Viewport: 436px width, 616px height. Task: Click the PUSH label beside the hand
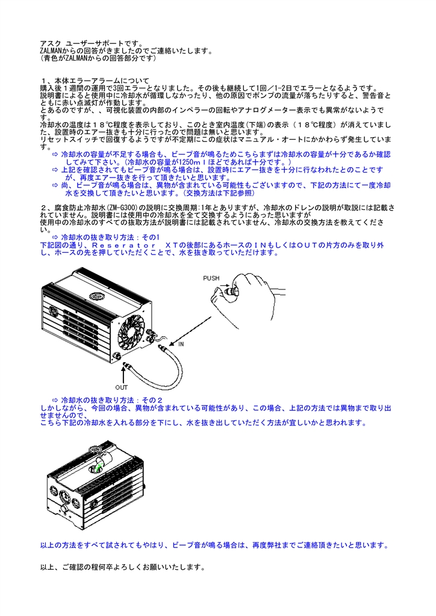pyautogui.click(x=211, y=278)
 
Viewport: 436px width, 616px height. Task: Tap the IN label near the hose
pyautogui.click(x=181, y=344)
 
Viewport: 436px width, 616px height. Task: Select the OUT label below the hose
pyautogui.click(x=122, y=387)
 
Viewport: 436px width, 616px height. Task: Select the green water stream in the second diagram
pyautogui.click(x=98, y=467)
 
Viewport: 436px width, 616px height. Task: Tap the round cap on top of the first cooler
pyautogui.click(x=96, y=295)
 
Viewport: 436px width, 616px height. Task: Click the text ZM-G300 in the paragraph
pyautogui.click(x=124, y=208)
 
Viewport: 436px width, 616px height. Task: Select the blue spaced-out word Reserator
pyautogui.click(x=124, y=245)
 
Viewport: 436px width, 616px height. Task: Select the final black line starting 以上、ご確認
pyautogui.click(x=123, y=567)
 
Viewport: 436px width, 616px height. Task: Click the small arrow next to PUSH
pyautogui.click(x=226, y=283)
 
